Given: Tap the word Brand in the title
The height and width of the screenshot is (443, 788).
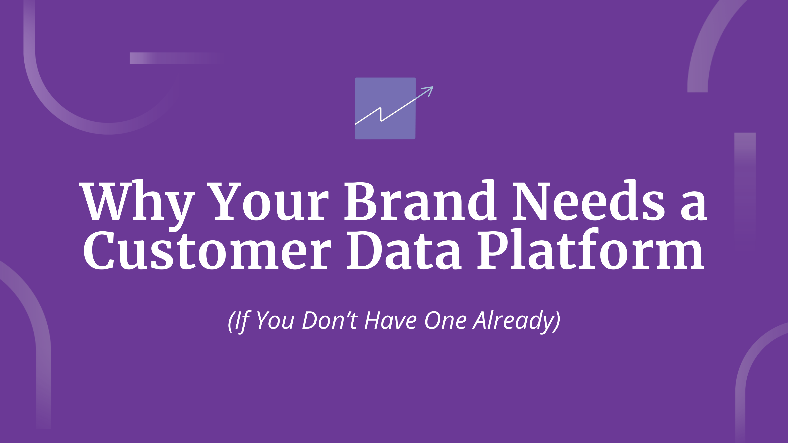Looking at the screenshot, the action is [421, 200].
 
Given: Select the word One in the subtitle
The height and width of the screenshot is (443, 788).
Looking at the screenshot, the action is [445, 320].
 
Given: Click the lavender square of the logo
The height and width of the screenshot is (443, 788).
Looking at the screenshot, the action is [385, 108].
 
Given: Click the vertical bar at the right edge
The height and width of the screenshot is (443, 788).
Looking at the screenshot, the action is [745, 183].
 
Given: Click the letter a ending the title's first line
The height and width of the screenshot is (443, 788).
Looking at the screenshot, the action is [694, 205].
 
